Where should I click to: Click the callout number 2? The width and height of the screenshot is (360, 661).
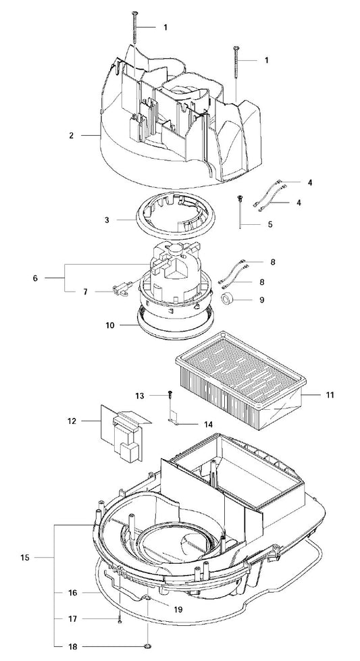click(71, 135)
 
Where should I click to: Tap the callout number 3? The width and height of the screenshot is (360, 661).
click(107, 220)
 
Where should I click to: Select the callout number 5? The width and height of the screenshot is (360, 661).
click(270, 224)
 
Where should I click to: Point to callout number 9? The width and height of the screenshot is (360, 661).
click(262, 300)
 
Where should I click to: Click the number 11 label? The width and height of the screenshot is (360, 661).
click(330, 395)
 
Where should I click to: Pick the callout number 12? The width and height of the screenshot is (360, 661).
click(72, 421)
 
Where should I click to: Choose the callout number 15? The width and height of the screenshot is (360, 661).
click(25, 557)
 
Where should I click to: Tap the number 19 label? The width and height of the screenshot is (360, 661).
click(178, 610)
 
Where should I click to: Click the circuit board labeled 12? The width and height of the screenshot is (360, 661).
click(125, 433)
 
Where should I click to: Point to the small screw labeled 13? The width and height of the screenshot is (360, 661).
click(170, 394)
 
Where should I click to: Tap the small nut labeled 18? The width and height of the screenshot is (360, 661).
click(148, 646)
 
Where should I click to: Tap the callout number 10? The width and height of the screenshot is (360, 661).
click(110, 325)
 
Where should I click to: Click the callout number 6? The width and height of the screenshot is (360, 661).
click(35, 278)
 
